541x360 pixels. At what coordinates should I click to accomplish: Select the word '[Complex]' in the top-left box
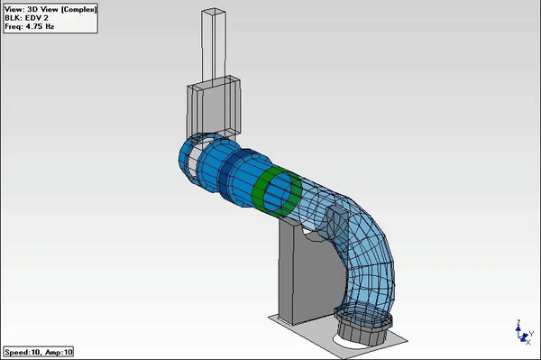72,7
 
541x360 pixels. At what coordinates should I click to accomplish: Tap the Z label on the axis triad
519,321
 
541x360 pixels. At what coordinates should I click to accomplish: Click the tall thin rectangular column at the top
212,45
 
